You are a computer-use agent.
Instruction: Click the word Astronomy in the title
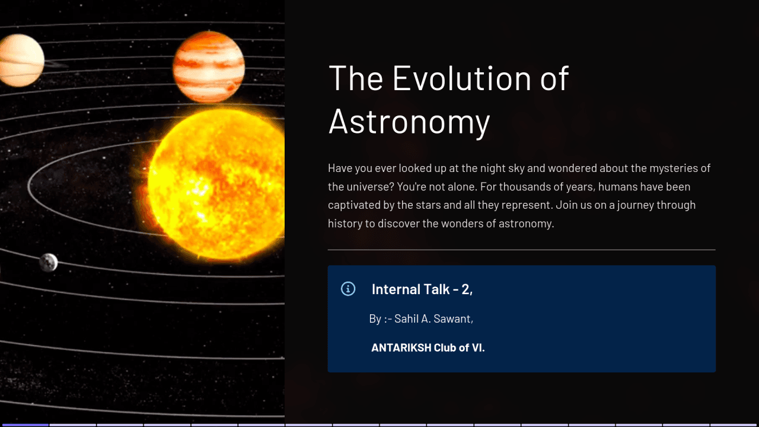coord(409,121)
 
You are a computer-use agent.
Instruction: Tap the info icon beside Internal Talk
coord(348,289)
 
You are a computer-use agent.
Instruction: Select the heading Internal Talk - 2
coord(422,289)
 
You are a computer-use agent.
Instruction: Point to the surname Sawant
coord(453,319)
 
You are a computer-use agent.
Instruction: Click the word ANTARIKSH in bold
coord(401,348)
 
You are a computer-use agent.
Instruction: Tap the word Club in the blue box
coord(445,348)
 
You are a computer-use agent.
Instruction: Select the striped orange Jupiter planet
coord(209,66)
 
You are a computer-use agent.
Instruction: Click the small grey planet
coord(49,262)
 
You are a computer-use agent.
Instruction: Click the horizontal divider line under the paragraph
coord(521,250)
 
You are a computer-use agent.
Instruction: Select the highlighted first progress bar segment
coord(24,425)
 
